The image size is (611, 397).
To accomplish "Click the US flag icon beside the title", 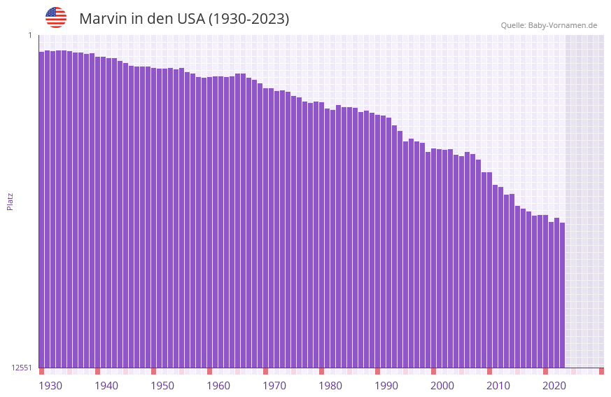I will click(56, 18).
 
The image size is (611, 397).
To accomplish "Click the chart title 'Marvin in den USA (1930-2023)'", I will click(184, 19).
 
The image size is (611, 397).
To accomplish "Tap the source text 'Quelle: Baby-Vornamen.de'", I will click(549, 25).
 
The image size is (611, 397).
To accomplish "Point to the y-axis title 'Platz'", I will click(10, 201).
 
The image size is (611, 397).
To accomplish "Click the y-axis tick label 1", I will click(30, 35).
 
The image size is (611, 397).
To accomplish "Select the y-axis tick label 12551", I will click(22, 368).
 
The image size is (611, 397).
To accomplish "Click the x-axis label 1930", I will click(50, 386).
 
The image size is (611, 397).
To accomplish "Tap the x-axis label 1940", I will click(106, 386).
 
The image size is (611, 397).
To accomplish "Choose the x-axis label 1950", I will click(162, 386).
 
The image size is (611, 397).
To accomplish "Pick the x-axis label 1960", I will click(218, 386).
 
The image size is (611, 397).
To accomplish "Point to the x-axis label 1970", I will click(274, 386).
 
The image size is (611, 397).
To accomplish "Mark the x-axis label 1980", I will click(330, 386).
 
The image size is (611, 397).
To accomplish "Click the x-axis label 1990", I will click(386, 386).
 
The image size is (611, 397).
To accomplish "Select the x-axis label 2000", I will click(442, 386).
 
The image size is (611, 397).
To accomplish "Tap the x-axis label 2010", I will click(498, 386).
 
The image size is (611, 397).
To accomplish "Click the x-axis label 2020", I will click(554, 386).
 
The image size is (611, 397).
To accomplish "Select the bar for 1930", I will click(42, 210).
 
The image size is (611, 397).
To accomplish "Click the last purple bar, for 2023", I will click(562, 294).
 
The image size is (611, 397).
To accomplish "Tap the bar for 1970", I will click(266, 228).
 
